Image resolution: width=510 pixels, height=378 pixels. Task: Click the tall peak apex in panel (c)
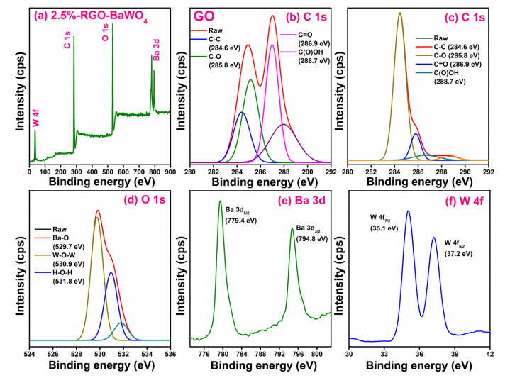400,13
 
